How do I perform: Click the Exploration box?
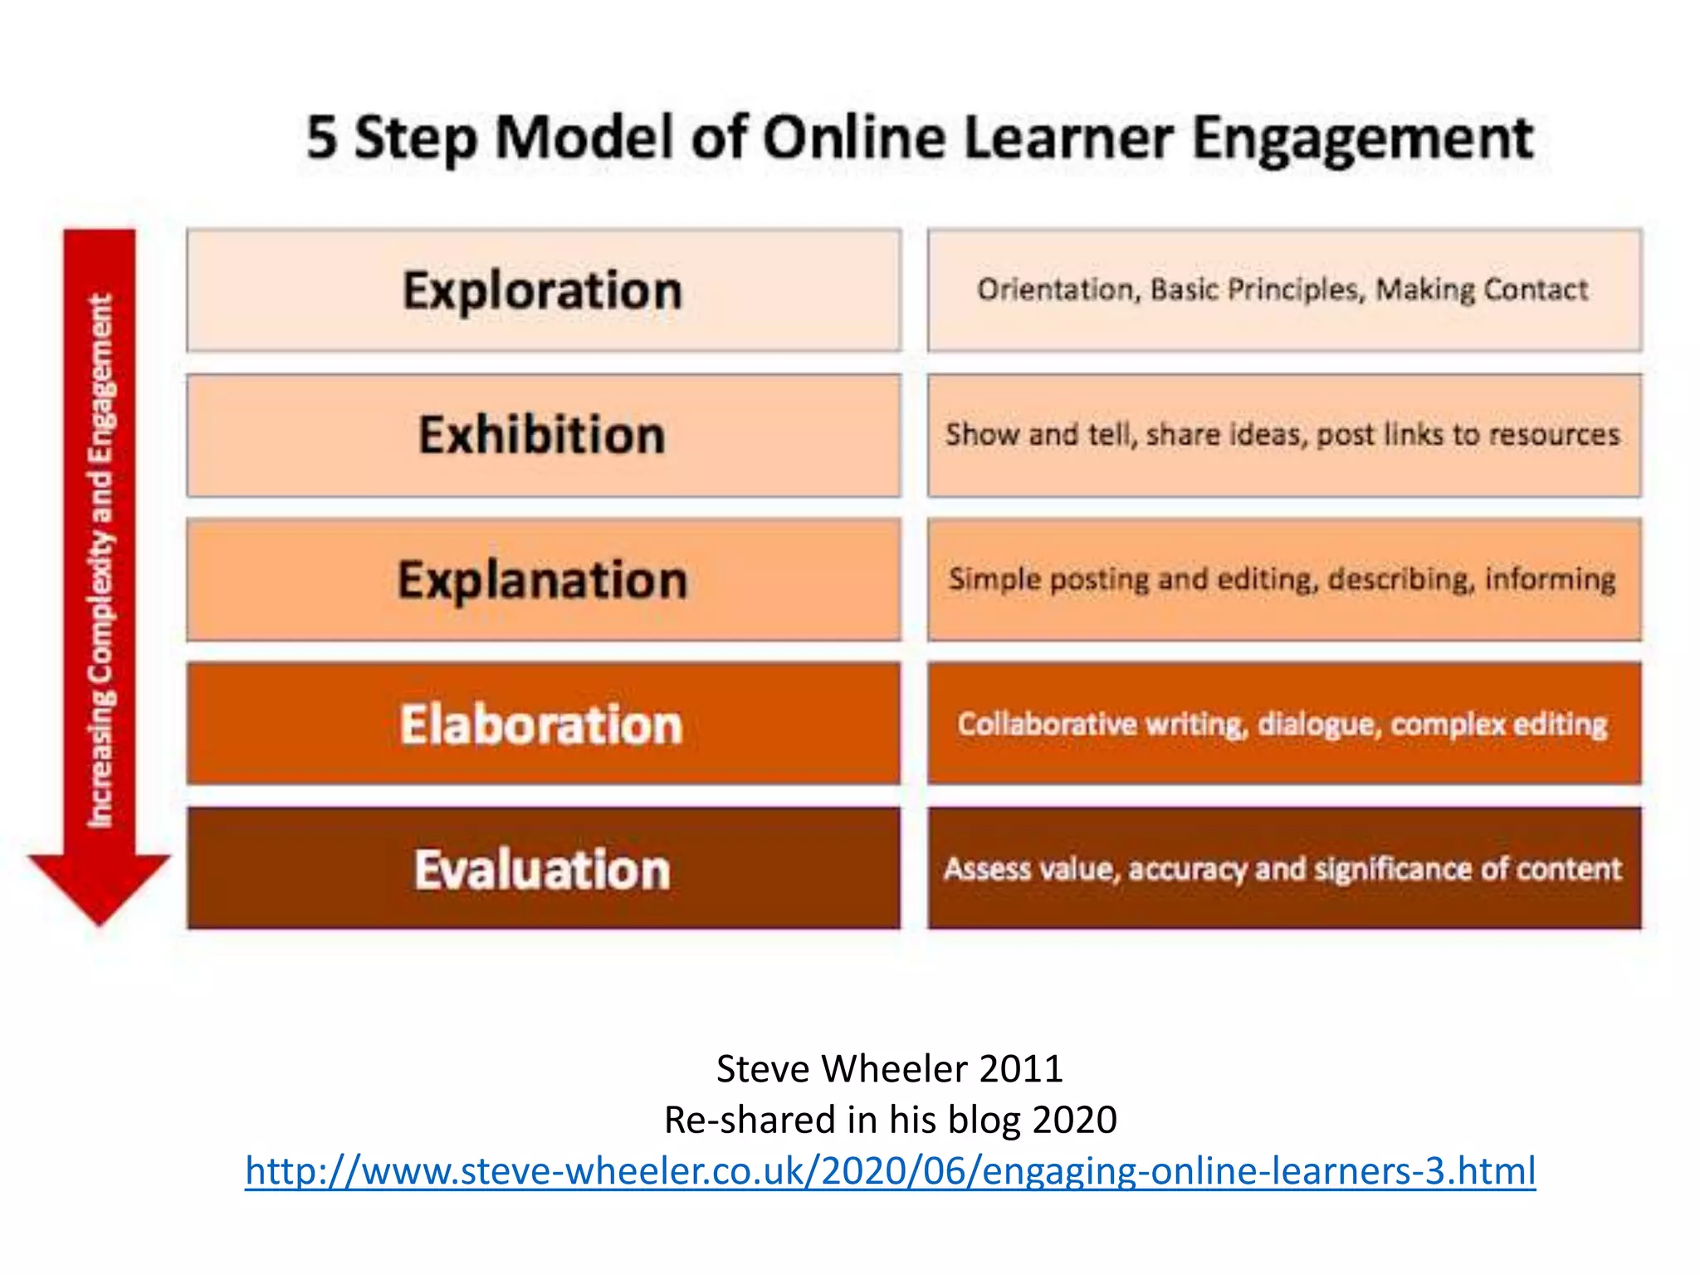543,291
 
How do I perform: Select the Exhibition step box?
543,435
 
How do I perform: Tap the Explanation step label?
543,579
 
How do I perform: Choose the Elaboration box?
543,724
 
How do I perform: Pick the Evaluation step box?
543,868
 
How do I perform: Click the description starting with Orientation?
1283,291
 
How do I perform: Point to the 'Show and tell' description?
1283,435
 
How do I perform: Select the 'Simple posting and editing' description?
1283,579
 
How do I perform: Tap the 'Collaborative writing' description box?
1283,724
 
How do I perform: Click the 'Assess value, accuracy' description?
1283,868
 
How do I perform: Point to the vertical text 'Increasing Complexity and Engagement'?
100,560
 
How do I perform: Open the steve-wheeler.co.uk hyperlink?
890,1170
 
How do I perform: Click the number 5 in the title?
322,138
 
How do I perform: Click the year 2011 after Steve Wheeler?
1021,1069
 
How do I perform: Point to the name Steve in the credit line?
762,1069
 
